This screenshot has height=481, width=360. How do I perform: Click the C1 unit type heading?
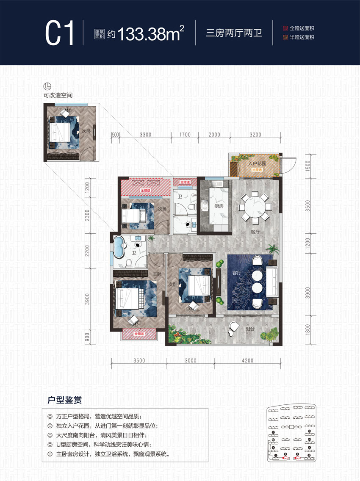click(x=60, y=33)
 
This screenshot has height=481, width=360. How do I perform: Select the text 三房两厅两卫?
click(x=234, y=33)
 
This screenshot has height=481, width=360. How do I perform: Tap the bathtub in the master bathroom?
click(x=118, y=248)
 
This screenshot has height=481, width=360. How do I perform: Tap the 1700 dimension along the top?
click(x=185, y=135)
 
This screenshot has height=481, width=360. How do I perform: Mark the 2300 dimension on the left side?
click(x=87, y=214)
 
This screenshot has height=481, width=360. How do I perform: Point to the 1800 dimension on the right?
click(x=307, y=327)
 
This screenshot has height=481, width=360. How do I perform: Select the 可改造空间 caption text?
click(x=58, y=95)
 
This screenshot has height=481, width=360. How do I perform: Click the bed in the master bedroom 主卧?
click(x=130, y=298)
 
